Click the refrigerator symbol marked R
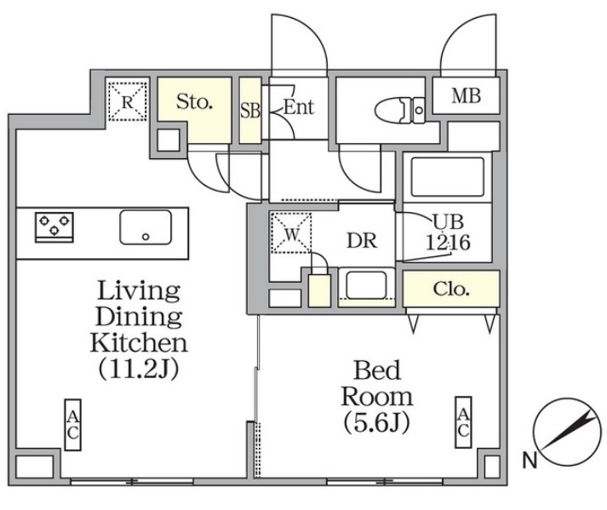[x=128, y=101]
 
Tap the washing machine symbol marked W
[x=291, y=232]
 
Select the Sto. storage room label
[x=194, y=101]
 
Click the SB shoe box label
[x=250, y=111]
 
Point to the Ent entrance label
[x=299, y=107]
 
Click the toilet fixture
[x=400, y=111]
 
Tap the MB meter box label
[x=466, y=95]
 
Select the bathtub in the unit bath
[x=448, y=176]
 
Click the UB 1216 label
[x=449, y=232]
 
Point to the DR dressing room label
[x=362, y=241]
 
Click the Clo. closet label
[x=451, y=289]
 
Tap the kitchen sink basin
[x=146, y=227]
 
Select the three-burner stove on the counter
[x=54, y=227]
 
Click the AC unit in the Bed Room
[x=463, y=422]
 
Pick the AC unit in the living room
[x=72, y=425]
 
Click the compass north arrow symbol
[x=568, y=433]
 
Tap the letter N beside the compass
[x=530, y=461]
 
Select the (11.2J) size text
[x=139, y=369]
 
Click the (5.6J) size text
[x=376, y=423]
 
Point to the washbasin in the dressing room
[x=366, y=285]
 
